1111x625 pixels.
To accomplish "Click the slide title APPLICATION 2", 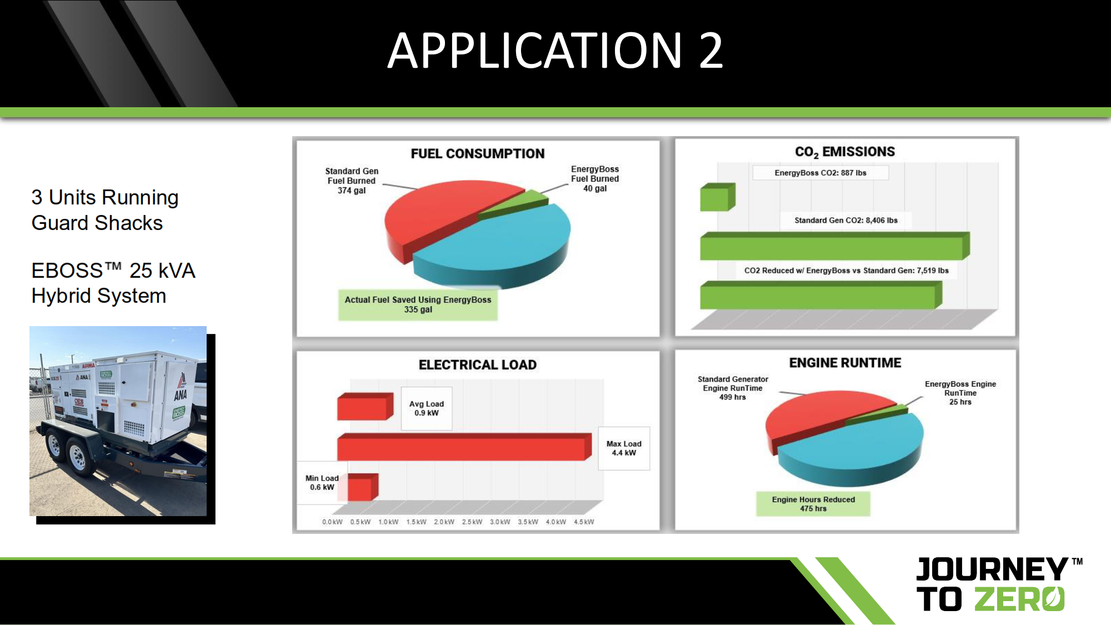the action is [x=555, y=51].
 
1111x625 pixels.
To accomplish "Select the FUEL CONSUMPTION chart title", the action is [x=478, y=153].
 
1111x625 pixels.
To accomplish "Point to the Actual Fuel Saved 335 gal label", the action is [x=418, y=304].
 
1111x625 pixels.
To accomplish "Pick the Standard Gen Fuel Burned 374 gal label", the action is [x=352, y=181].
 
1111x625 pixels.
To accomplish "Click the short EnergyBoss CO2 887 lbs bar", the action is [x=717, y=197].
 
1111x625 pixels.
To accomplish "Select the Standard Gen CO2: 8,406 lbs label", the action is [x=846, y=220].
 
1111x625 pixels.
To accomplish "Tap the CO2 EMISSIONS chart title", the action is [x=845, y=152].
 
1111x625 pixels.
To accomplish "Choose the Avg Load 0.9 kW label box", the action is [x=427, y=408].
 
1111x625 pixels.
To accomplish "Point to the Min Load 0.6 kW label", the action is [x=322, y=482].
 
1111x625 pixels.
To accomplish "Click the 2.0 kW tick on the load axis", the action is [x=444, y=522].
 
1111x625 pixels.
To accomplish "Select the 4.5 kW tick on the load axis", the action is [x=584, y=522].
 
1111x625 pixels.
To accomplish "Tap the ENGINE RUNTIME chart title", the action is [x=845, y=363].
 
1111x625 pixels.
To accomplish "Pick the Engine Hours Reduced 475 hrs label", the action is [x=813, y=504].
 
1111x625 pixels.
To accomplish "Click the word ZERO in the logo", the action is [x=1019, y=599].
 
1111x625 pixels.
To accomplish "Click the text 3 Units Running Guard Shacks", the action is [x=105, y=210].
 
